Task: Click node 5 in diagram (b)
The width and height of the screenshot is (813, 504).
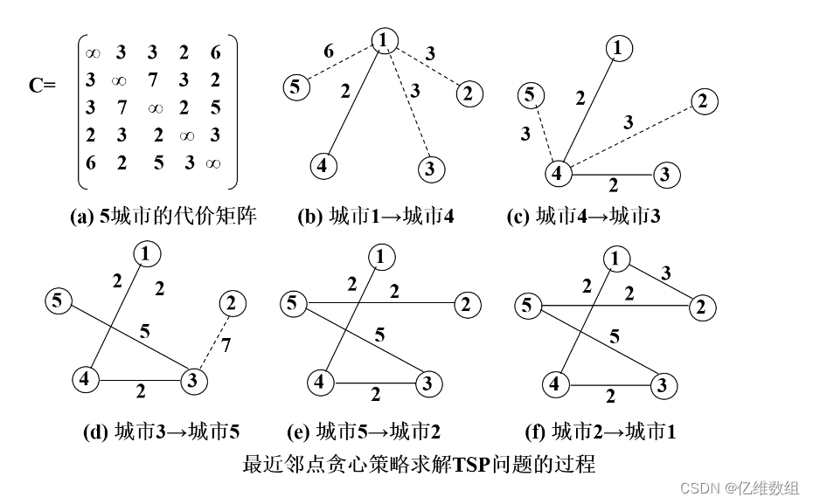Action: tap(296, 86)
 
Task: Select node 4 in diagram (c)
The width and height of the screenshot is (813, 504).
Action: tap(556, 173)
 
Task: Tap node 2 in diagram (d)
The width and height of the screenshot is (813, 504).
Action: tap(232, 304)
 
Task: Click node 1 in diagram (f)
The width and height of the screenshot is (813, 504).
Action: tap(617, 259)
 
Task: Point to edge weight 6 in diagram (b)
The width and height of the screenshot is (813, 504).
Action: tap(329, 52)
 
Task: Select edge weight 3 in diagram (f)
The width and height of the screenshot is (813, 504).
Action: tap(667, 273)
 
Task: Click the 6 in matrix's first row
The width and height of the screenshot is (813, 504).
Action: tap(216, 53)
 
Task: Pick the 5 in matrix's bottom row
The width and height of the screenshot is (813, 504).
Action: tap(158, 162)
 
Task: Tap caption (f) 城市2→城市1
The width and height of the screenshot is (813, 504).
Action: tap(614, 432)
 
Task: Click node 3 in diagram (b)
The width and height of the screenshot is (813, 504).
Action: tap(429, 169)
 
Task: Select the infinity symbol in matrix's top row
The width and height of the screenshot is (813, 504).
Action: tap(92, 53)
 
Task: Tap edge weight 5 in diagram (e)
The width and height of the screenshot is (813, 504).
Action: tap(379, 334)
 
